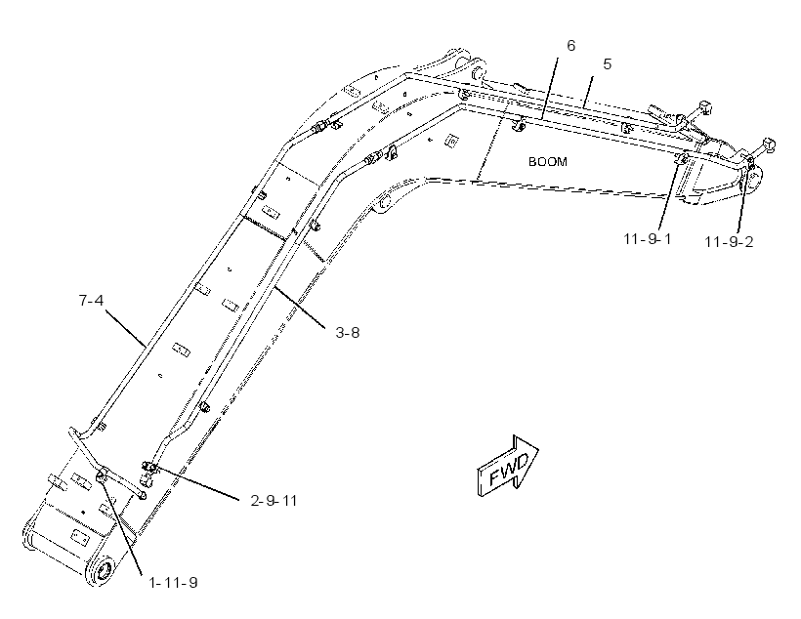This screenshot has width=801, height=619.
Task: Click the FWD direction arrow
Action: [507, 466]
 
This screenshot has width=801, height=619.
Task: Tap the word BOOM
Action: [548, 162]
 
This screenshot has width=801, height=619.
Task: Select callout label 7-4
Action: [91, 301]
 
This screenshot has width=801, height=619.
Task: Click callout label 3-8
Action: [348, 333]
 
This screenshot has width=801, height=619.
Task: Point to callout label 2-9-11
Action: [274, 501]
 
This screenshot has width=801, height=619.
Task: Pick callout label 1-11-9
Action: [173, 582]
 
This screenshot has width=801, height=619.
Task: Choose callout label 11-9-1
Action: [648, 238]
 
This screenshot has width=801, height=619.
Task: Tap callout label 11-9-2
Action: [729, 241]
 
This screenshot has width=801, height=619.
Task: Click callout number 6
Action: [571, 46]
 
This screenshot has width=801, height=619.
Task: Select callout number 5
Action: [607, 63]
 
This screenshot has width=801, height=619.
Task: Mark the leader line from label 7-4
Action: [125, 326]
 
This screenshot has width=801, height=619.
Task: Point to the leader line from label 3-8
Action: [299, 308]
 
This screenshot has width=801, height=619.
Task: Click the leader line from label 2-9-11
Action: [196, 481]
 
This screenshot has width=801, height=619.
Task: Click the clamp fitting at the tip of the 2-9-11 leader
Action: [148, 467]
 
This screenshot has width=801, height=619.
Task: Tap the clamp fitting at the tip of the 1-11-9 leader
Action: [102, 475]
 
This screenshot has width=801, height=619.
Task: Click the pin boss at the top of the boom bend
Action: [479, 70]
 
